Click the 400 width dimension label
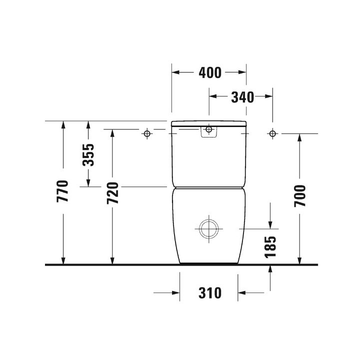coord(209,72)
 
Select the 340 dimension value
coord(242,97)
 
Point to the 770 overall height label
coord(63,190)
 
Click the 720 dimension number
coord(112,193)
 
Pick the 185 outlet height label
coord(270,247)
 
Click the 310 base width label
coord(209,293)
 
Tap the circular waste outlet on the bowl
coord(208,229)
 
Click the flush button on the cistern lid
coord(209,131)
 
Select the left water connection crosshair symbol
coord(147,133)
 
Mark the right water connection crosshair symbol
coord(272,133)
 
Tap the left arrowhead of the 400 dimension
coord(175,72)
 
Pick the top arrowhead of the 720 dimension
coord(112,132)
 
